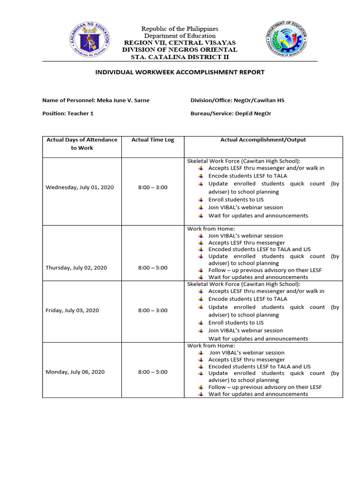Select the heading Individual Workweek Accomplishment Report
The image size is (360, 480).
(x=180, y=72)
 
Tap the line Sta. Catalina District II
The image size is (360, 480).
(x=180, y=57)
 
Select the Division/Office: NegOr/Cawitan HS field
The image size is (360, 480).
(x=237, y=100)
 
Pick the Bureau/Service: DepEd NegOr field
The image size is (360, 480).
(x=231, y=113)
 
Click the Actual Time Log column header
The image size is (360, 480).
(x=152, y=140)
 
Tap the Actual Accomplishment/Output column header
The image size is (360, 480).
(x=263, y=140)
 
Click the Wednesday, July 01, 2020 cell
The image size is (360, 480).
(x=80, y=187)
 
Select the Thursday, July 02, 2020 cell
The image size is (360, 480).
(x=76, y=268)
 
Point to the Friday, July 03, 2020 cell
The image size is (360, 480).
(x=72, y=311)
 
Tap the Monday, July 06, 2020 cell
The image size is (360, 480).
(x=75, y=372)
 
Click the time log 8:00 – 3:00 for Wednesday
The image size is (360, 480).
(x=152, y=187)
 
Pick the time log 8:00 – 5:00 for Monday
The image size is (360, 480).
(x=152, y=372)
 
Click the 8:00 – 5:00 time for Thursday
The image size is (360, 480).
(x=152, y=268)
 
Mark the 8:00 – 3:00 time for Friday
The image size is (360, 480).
(x=152, y=311)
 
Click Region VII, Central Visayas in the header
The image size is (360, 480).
(x=180, y=43)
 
